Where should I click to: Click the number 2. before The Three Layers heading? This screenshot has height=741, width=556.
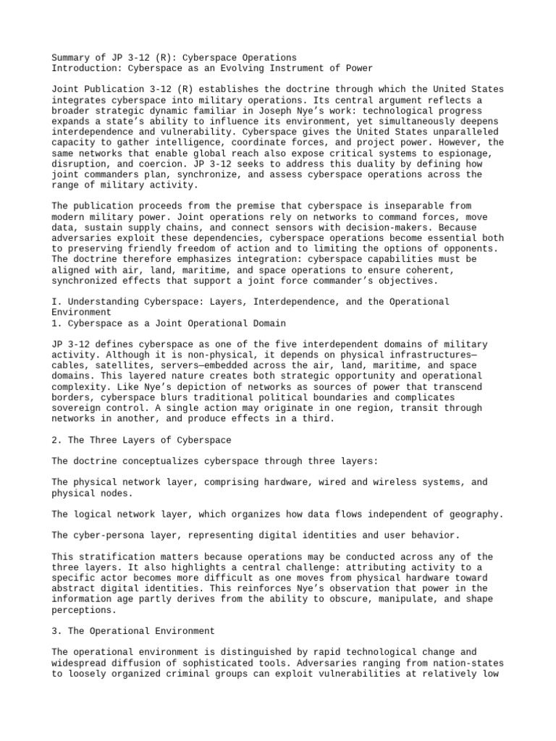(57, 440)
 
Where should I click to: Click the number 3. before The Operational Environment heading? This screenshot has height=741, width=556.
(57, 631)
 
